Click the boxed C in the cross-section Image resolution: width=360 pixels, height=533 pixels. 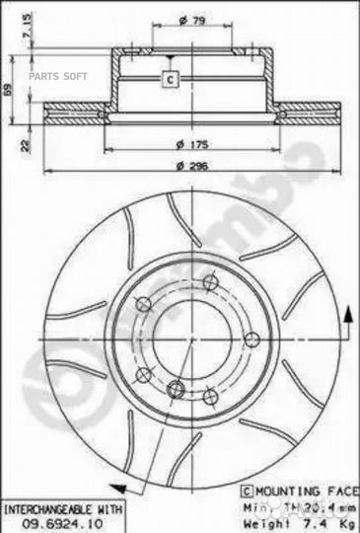tap(169, 79)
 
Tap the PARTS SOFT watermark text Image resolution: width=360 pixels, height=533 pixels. tap(58, 75)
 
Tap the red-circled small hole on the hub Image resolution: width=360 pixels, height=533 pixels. tap(176, 387)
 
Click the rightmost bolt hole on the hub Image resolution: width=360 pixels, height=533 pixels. tap(252, 340)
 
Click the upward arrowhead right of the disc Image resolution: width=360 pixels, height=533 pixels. tap(347, 314)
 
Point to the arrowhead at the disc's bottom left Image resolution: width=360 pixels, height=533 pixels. tap(116, 488)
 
